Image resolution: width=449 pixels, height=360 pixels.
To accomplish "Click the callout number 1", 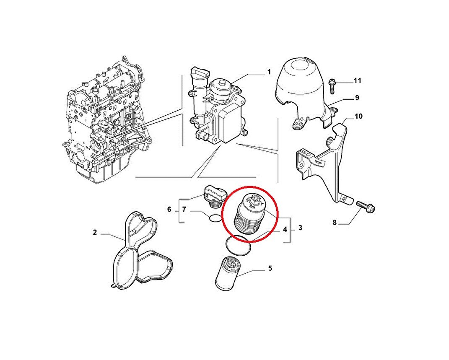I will click(x=269, y=73).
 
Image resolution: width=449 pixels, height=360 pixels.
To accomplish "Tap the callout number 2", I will click(x=95, y=232).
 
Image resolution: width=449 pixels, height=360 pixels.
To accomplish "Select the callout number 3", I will click(x=301, y=228).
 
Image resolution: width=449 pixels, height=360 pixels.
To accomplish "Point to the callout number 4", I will click(x=285, y=229).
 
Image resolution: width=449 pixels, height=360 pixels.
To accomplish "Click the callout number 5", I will click(x=270, y=268).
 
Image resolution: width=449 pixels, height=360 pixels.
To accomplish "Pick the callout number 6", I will click(x=169, y=209).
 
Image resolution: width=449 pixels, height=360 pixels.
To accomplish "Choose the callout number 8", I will click(x=335, y=223).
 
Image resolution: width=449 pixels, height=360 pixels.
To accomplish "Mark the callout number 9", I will click(x=357, y=98).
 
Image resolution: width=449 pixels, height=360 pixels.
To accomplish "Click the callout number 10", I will click(x=358, y=116).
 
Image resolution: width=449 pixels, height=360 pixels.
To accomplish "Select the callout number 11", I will click(x=357, y=80).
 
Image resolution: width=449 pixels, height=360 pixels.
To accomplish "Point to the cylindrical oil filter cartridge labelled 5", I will click(x=227, y=272).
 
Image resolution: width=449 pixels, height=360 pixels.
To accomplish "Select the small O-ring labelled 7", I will click(x=215, y=218).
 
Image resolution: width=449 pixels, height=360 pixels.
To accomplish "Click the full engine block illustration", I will click(x=105, y=122).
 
